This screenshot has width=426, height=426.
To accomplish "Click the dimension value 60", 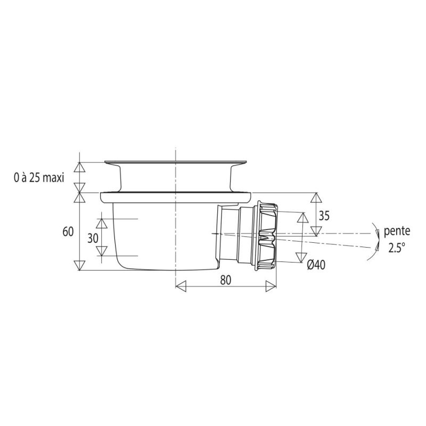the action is [68, 232].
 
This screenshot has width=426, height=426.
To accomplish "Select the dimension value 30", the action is [93, 238].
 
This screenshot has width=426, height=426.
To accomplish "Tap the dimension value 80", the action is [225, 280].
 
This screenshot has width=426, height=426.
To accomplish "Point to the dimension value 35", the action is [324, 216].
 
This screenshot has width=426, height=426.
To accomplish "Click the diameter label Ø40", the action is [316, 264].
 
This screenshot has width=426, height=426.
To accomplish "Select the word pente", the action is [397, 231].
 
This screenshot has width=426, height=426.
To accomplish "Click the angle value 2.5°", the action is [396, 248].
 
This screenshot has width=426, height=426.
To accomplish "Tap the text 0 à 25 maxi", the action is [39, 178].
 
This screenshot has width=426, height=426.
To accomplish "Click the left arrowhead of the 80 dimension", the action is [181, 286].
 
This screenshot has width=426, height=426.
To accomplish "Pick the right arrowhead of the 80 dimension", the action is [271, 286].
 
